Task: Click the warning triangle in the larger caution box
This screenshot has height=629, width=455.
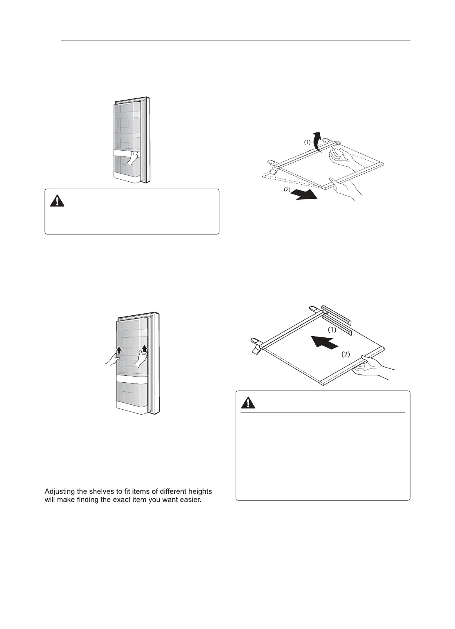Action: pos(248,402)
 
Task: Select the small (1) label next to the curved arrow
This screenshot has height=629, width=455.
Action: pos(307,142)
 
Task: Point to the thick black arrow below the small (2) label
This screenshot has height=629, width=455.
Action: pos(306,195)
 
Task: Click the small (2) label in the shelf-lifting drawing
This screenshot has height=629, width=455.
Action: pos(287,190)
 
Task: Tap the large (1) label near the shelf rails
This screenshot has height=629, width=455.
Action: pos(332,329)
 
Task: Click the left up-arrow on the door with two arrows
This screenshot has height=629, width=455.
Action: pos(119,350)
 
